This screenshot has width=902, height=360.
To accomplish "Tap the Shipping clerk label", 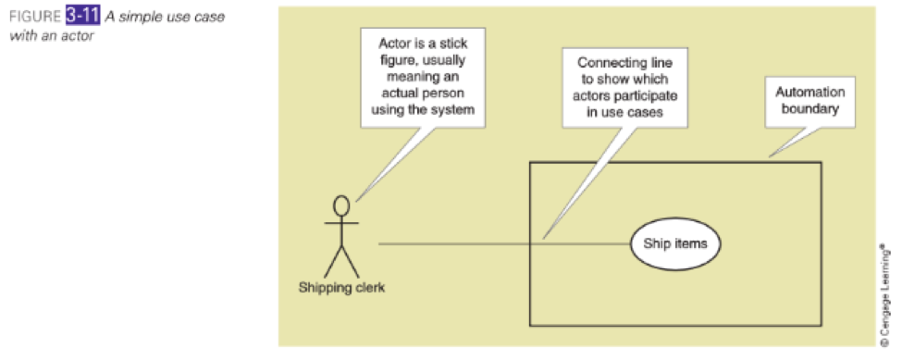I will pos(341,287).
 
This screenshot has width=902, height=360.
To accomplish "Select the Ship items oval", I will pos(675,243).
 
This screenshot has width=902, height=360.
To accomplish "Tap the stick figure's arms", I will pos(341,225).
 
